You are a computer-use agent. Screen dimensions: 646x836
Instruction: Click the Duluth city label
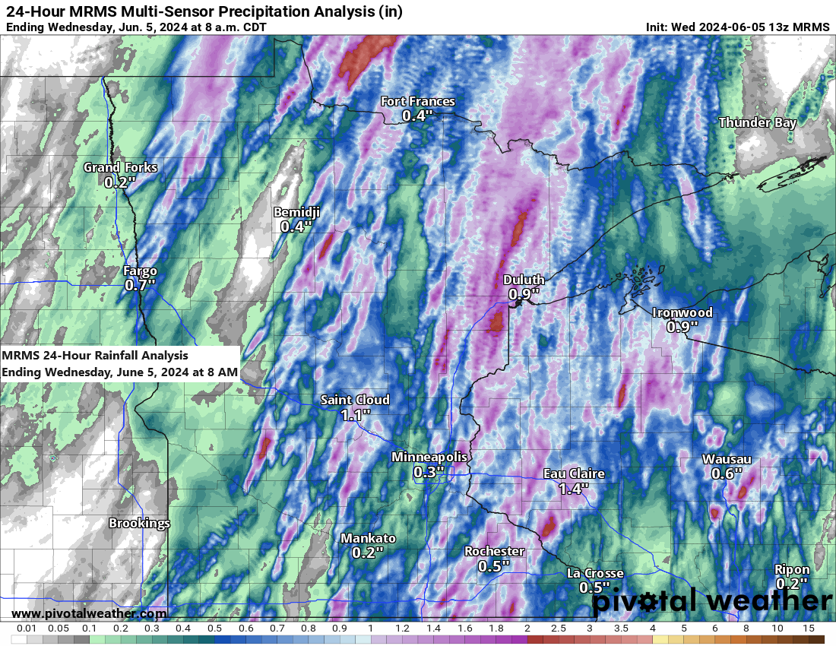(524, 280)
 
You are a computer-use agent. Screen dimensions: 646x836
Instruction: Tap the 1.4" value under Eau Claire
(573, 489)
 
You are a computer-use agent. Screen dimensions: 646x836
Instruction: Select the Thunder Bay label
(757, 122)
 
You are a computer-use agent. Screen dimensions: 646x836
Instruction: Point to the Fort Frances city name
(417, 102)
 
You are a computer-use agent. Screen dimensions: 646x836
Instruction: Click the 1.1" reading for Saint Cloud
(355, 415)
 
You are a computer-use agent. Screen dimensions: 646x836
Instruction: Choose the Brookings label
(139, 524)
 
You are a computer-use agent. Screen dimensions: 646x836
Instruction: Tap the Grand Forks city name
(120, 168)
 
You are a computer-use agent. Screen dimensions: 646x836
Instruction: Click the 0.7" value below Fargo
(140, 285)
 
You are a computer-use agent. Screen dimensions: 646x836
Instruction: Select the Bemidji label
(296, 213)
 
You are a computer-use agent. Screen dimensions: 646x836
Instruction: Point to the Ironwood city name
(682, 313)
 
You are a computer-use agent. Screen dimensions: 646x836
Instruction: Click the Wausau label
(726, 460)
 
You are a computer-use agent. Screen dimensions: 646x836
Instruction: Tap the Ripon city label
(791, 570)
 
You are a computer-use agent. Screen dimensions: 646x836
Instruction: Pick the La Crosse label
(594, 574)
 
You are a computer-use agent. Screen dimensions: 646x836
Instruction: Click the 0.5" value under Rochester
(493, 566)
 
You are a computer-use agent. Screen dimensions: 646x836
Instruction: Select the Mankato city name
(368, 539)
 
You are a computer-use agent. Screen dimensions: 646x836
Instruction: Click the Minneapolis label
(429, 458)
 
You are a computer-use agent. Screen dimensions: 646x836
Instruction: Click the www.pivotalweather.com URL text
(89, 613)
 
